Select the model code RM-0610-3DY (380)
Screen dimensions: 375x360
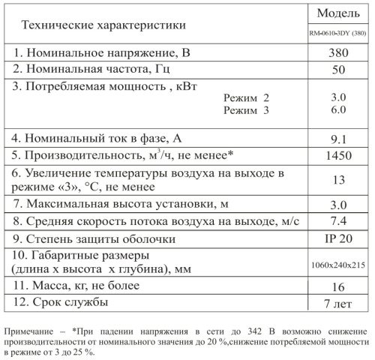[337, 34]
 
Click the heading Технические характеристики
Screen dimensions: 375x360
[103, 25]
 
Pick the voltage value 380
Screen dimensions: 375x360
[337, 54]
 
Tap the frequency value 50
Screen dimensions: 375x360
[337, 70]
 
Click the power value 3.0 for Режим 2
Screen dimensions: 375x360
[337, 97]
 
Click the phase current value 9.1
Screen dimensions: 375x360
[337, 138]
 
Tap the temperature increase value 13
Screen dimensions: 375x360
[337, 180]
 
